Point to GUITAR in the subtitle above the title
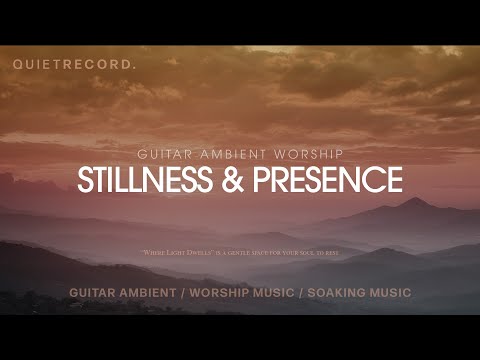pos(161,154)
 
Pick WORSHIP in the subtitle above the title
pos(307,154)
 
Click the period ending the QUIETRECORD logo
pos(136,67)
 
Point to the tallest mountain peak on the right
pos(413,200)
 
